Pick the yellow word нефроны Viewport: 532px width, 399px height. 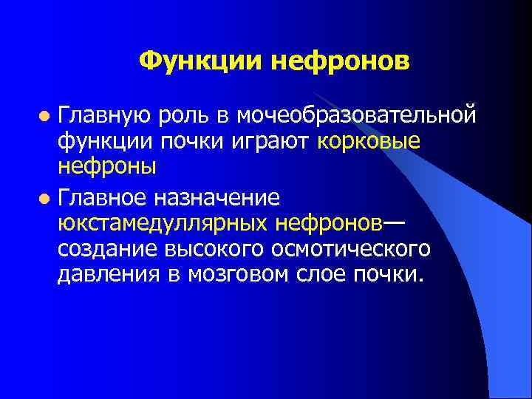107,166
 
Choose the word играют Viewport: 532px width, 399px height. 277,140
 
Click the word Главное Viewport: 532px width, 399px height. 103,197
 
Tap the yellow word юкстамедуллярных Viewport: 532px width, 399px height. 164,222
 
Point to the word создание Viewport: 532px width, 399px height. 103,248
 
